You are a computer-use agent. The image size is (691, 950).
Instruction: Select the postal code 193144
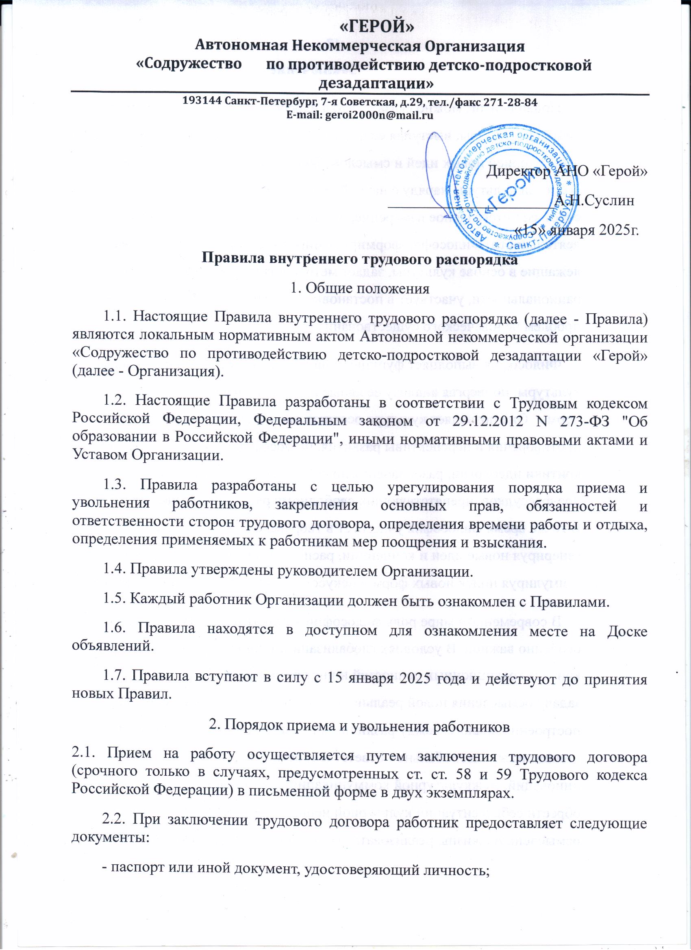pos(201,102)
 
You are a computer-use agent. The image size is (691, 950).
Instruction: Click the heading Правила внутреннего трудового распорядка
pos(360,259)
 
